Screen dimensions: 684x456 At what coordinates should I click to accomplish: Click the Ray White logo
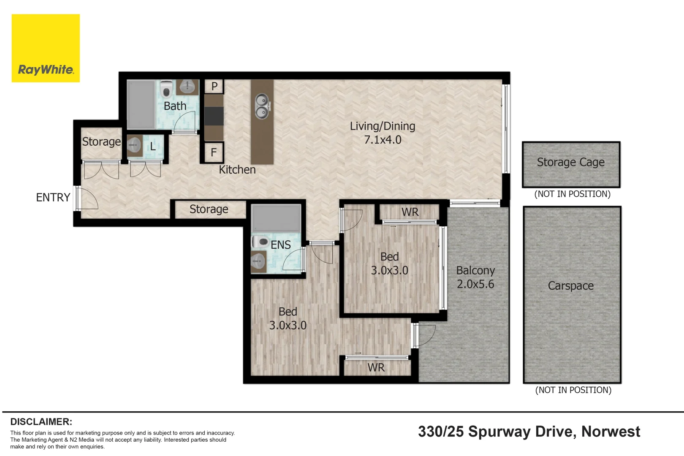[46, 48]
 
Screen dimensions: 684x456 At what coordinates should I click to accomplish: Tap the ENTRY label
[53, 197]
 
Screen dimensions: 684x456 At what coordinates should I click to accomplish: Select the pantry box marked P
[214, 87]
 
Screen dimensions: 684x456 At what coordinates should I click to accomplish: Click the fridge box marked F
[214, 152]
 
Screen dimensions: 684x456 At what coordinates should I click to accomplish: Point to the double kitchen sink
[262, 106]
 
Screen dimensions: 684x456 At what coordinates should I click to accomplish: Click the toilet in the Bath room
[166, 88]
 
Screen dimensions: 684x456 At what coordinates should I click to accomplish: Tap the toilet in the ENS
[260, 242]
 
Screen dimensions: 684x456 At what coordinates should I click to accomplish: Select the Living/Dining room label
[382, 126]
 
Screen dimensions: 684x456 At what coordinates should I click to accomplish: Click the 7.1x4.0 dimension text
[383, 140]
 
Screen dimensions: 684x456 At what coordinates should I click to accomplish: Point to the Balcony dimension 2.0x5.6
[475, 284]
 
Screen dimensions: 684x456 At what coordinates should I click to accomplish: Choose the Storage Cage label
[571, 162]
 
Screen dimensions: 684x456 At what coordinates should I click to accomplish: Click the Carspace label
[571, 286]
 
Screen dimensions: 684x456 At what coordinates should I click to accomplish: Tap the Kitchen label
[237, 170]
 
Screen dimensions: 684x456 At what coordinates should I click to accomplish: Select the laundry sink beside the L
[135, 146]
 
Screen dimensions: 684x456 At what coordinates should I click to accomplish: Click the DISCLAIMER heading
[41, 422]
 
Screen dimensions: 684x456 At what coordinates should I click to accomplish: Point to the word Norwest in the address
[611, 432]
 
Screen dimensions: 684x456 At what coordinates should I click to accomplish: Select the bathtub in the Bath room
[141, 104]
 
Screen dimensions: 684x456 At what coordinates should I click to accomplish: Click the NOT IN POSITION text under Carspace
[573, 390]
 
